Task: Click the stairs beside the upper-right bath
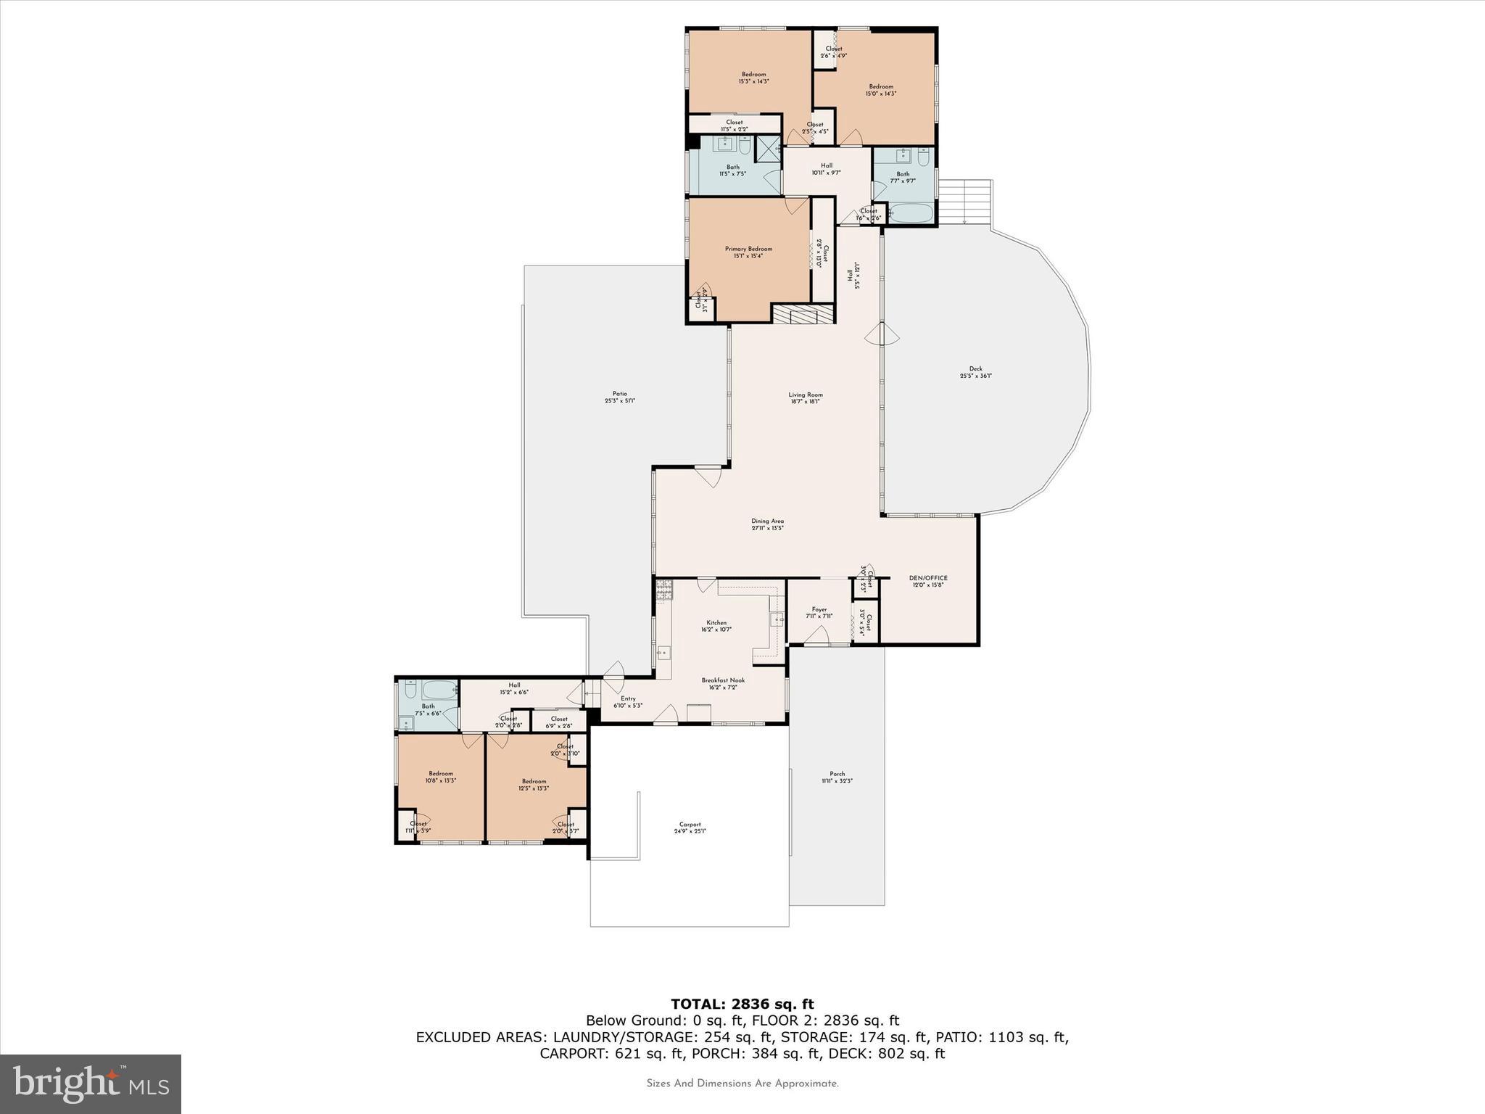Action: [x=964, y=202]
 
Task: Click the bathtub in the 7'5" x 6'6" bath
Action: [x=439, y=689]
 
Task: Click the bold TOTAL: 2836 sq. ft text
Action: [x=742, y=1004]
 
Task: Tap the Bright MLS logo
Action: [x=91, y=1084]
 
